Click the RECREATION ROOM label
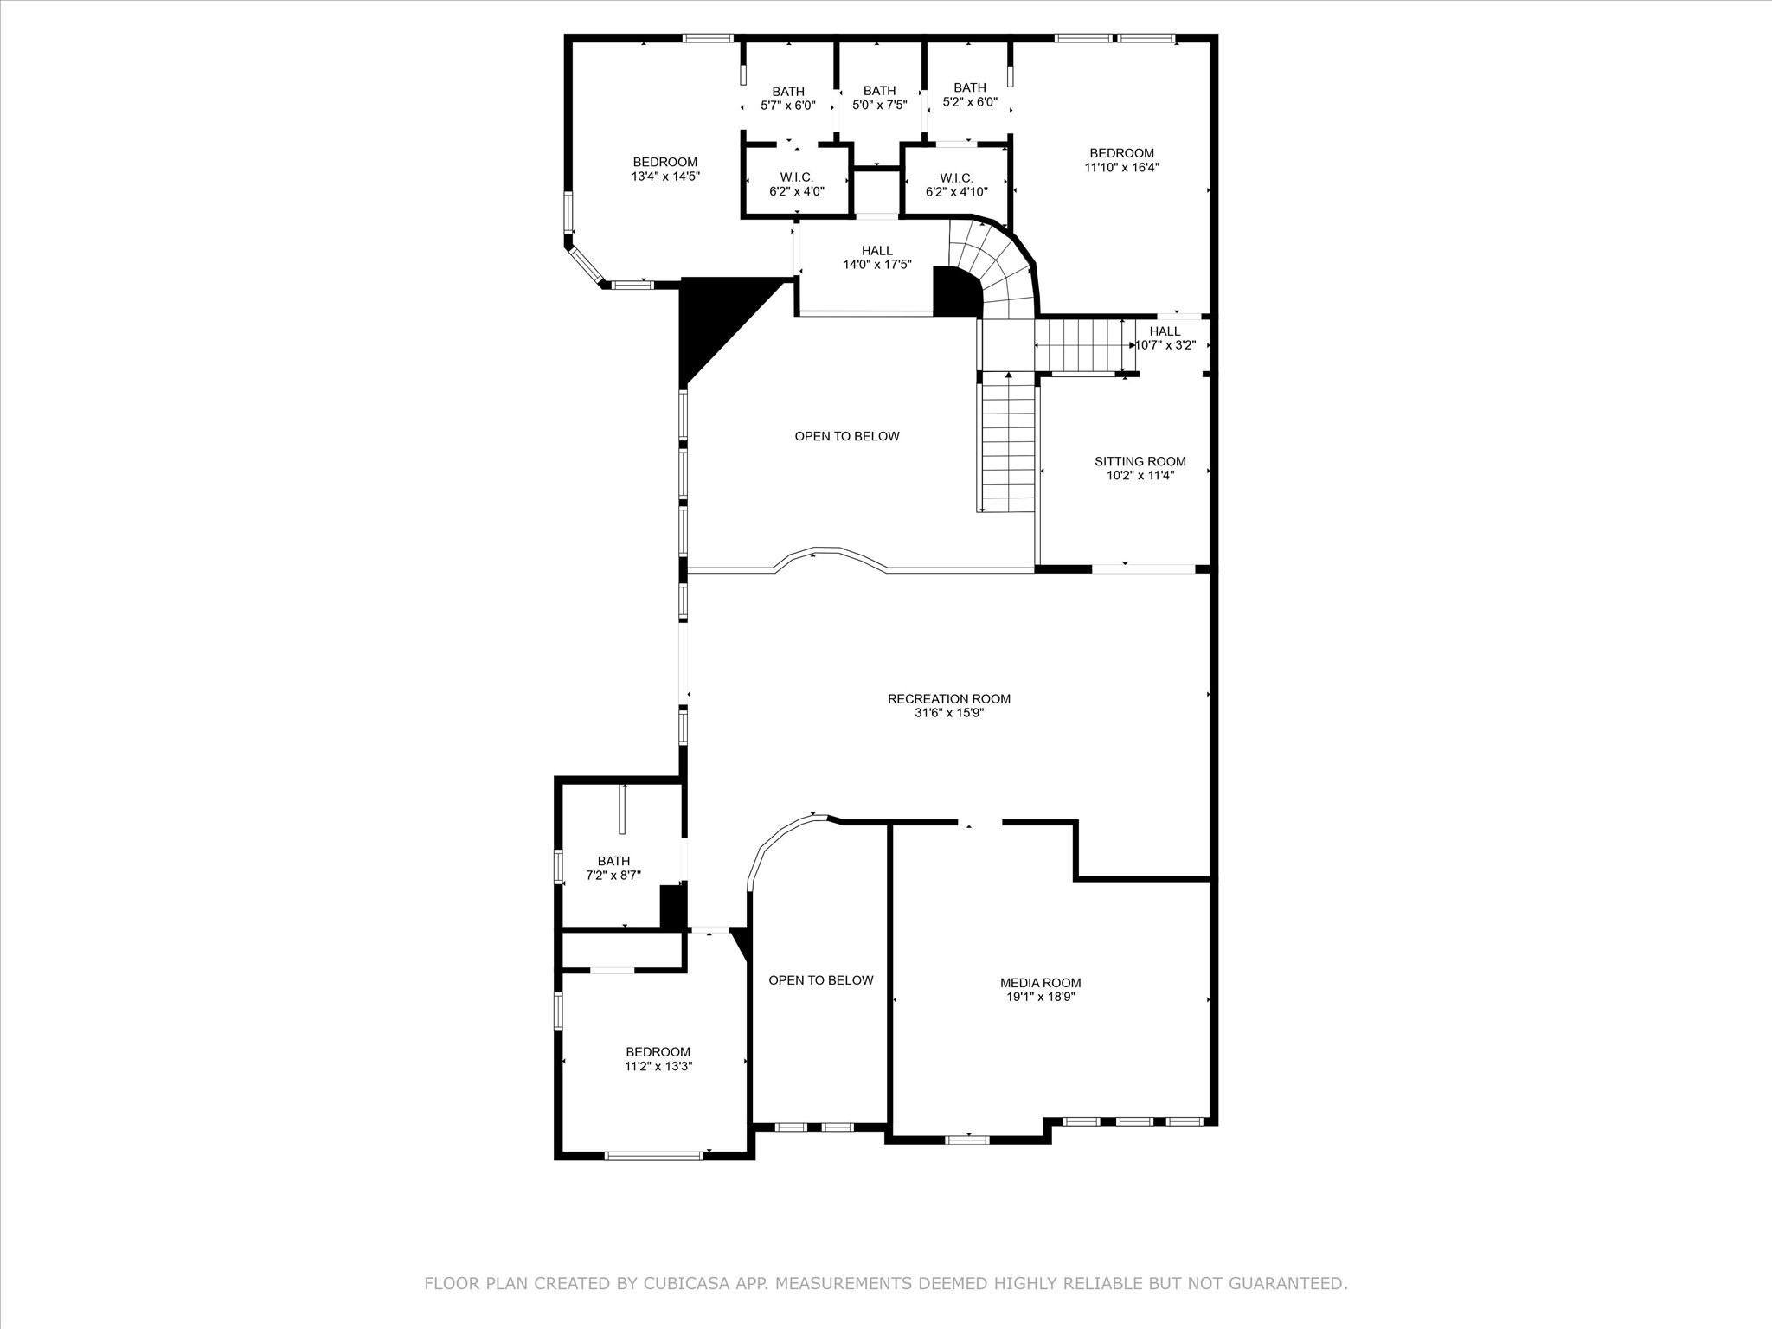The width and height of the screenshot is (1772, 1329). [948, 698]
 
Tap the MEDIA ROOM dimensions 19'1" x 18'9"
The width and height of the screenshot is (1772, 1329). [1040, 997]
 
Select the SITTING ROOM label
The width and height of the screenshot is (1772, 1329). [1140, 461]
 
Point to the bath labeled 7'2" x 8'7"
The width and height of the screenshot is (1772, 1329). [613, 868]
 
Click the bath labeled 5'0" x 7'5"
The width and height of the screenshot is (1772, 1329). [879, 97]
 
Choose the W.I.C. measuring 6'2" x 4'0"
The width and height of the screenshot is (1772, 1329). [796, 184]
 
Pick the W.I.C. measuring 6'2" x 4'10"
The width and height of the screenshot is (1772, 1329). [956, 184]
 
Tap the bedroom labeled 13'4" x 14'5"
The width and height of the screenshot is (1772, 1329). [664, 169]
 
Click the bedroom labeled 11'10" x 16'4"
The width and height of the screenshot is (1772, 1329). [1121, 160]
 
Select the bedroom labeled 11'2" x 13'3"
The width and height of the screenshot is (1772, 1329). [658, 1059]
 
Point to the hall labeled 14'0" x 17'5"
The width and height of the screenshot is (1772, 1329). [876, 258]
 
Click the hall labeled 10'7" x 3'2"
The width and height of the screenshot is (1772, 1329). [1165, 337]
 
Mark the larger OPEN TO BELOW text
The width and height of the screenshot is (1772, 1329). [846, 436]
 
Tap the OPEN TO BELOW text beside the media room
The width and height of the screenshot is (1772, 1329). [820, 980]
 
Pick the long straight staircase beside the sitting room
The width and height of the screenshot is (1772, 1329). [1008, 446]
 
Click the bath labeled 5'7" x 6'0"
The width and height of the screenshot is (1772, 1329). [787, 98]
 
